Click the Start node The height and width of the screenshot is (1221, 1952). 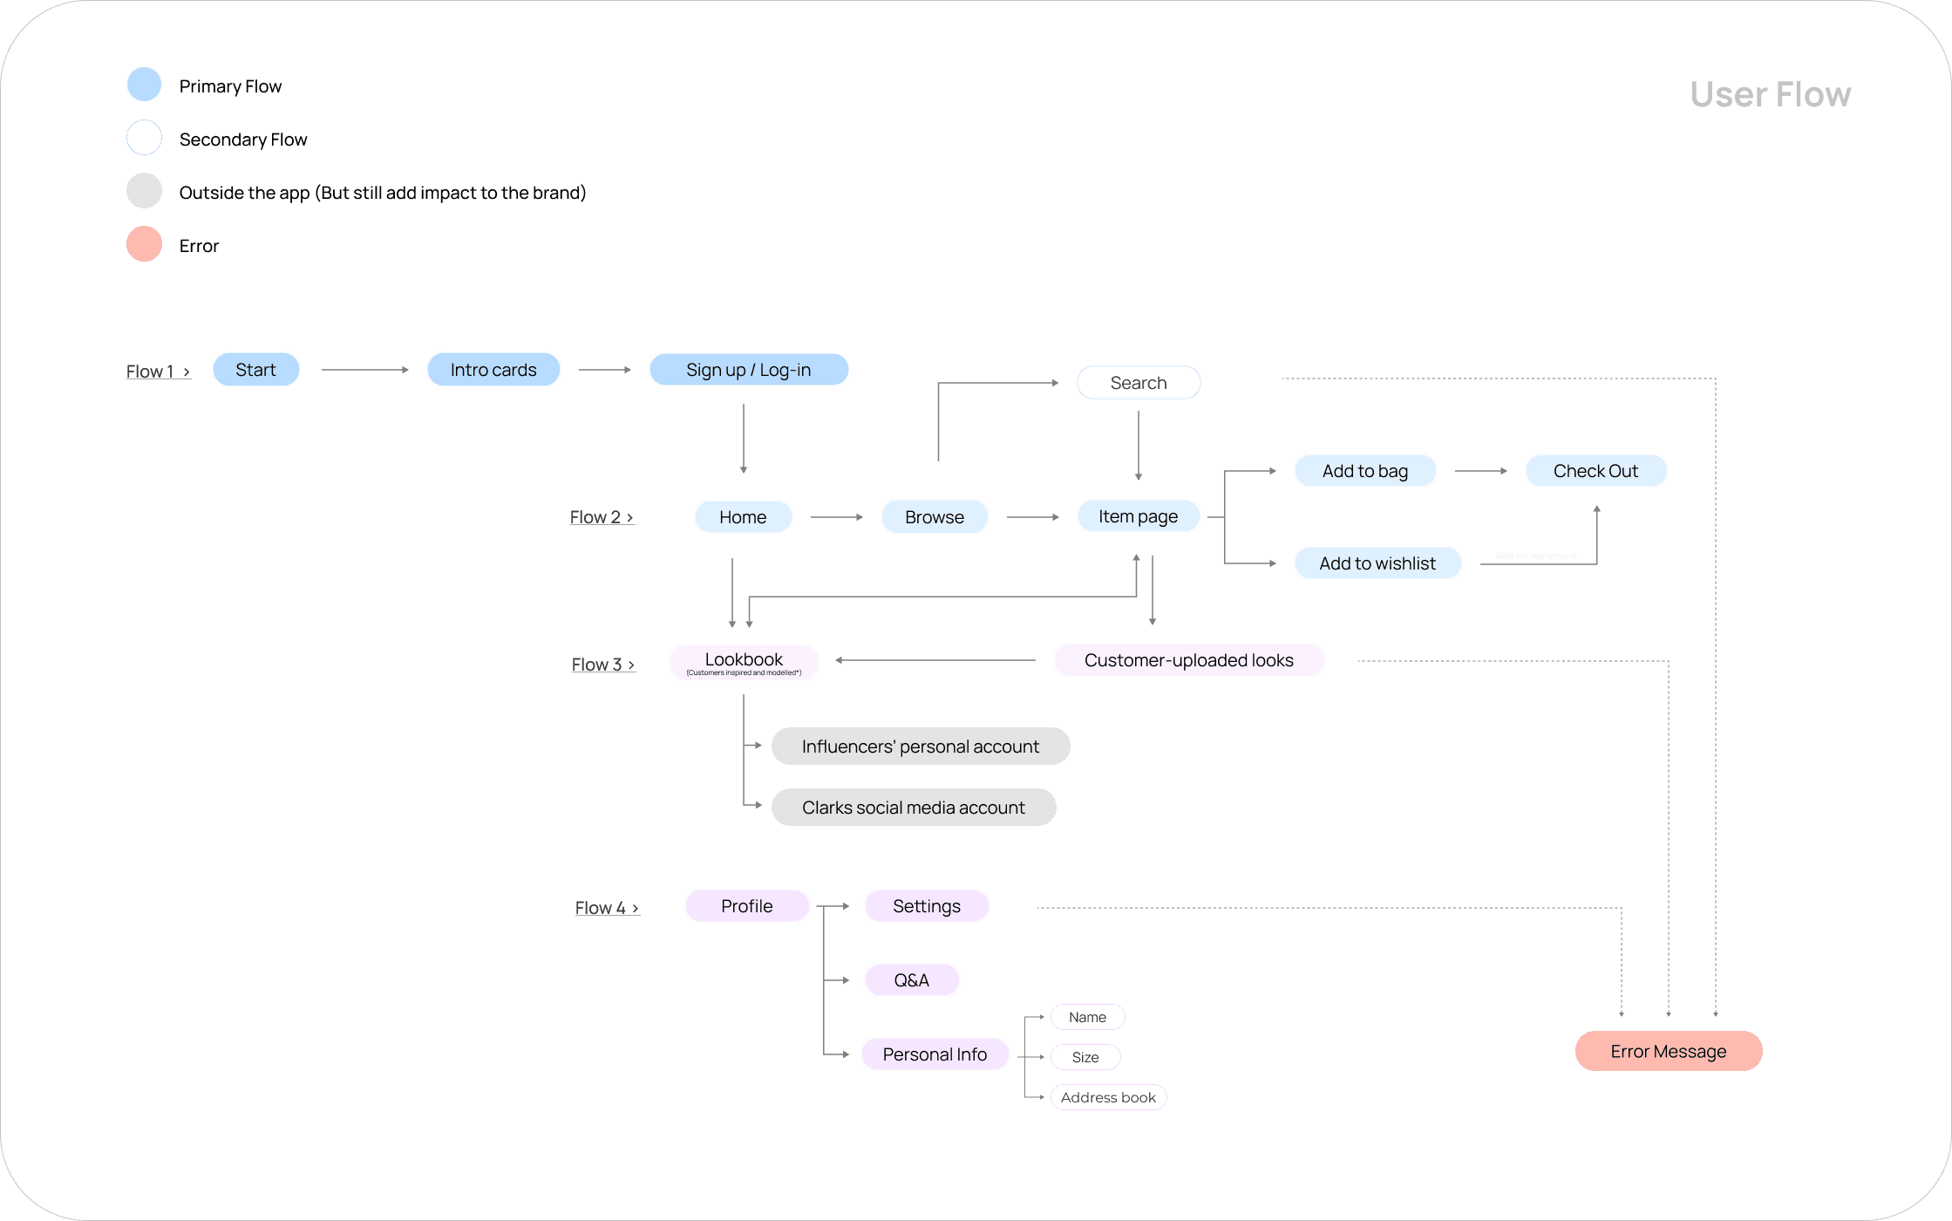pyautogui.click(x=255, y=370)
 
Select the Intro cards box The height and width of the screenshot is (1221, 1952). pyautogui.click(x=493, y=370)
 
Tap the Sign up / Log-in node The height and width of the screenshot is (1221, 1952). pyautogui.click(x=748, y=370)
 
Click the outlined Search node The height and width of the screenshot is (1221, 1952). pyautogui.click(x=1138, y=383)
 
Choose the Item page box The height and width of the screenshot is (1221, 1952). pyautogui.click(x=1138, y=516)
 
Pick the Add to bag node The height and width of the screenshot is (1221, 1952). pyautogui.click(x=1364, y=471)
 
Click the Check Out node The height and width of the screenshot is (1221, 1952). pyautogui.click(x=1595, y=471)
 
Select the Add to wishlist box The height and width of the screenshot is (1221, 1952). pyautogui.click(x=1377, y=563)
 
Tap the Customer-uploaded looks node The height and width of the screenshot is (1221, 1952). pyautogui.click(x=1188, y=660)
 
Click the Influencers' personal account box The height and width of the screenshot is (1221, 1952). pyautogui.click(x=920, y=747)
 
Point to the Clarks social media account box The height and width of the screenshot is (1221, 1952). pyautogui.click(x=913, y=808)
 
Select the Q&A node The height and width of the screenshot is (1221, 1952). pyautogui.click(x=911, y=980)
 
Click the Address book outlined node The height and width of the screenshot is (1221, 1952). pyautogui.click(x=1108, y=1097)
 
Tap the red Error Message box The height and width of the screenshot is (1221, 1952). pyautogui.click(x=1668, y=1052)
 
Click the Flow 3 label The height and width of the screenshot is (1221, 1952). pyautogui.click(x=602, y=665)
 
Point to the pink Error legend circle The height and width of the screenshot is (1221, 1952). pyautogui.click(x=145, y=244)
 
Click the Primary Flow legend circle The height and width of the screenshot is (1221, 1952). pyautogui.click(x=145, y=85)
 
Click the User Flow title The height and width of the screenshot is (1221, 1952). pyautogui.click(x=1770, y=94)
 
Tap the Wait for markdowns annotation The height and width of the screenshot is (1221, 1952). pyautogui.click(x=1535, y=556)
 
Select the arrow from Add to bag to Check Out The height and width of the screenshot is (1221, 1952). pyautogui.click(x=1480, y=471)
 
